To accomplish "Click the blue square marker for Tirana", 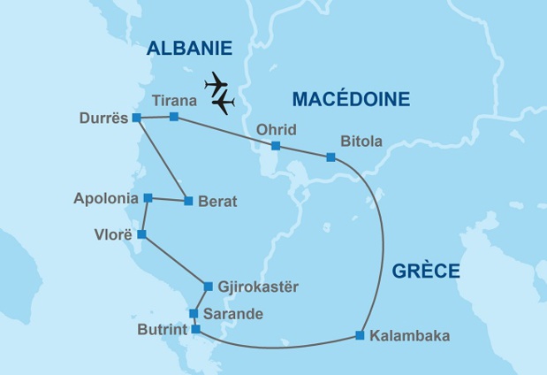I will (174, 117).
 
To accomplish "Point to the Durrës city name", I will (103, 119).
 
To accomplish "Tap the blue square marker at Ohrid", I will (276, 146).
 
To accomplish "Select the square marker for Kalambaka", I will (360, 335).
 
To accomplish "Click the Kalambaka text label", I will (410, 336).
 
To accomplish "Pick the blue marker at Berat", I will (188, 202).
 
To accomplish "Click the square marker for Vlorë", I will (141, 235).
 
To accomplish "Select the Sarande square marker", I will (194, 314).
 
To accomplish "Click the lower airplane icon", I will (224, 103).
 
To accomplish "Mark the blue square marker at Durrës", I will (136, 118).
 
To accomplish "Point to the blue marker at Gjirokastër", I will (208, 287).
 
